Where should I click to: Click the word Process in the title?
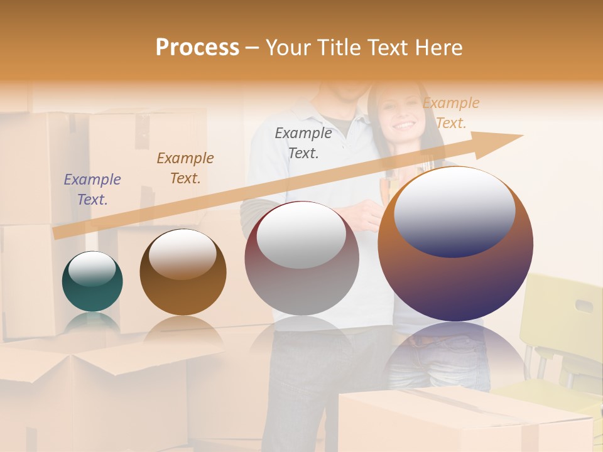coord(197,48)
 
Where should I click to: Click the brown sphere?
coord(183,272)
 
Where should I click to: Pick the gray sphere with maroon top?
coord(301,259)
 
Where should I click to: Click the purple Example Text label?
coord(92,189)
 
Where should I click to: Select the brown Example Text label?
coord(185,168)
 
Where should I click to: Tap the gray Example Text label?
coord(303,143)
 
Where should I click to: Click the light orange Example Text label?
coord(451,112)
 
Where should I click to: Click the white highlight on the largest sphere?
coord(454,210)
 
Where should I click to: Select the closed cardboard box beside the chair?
coord(465,421)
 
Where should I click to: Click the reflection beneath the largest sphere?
coord(455,352)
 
